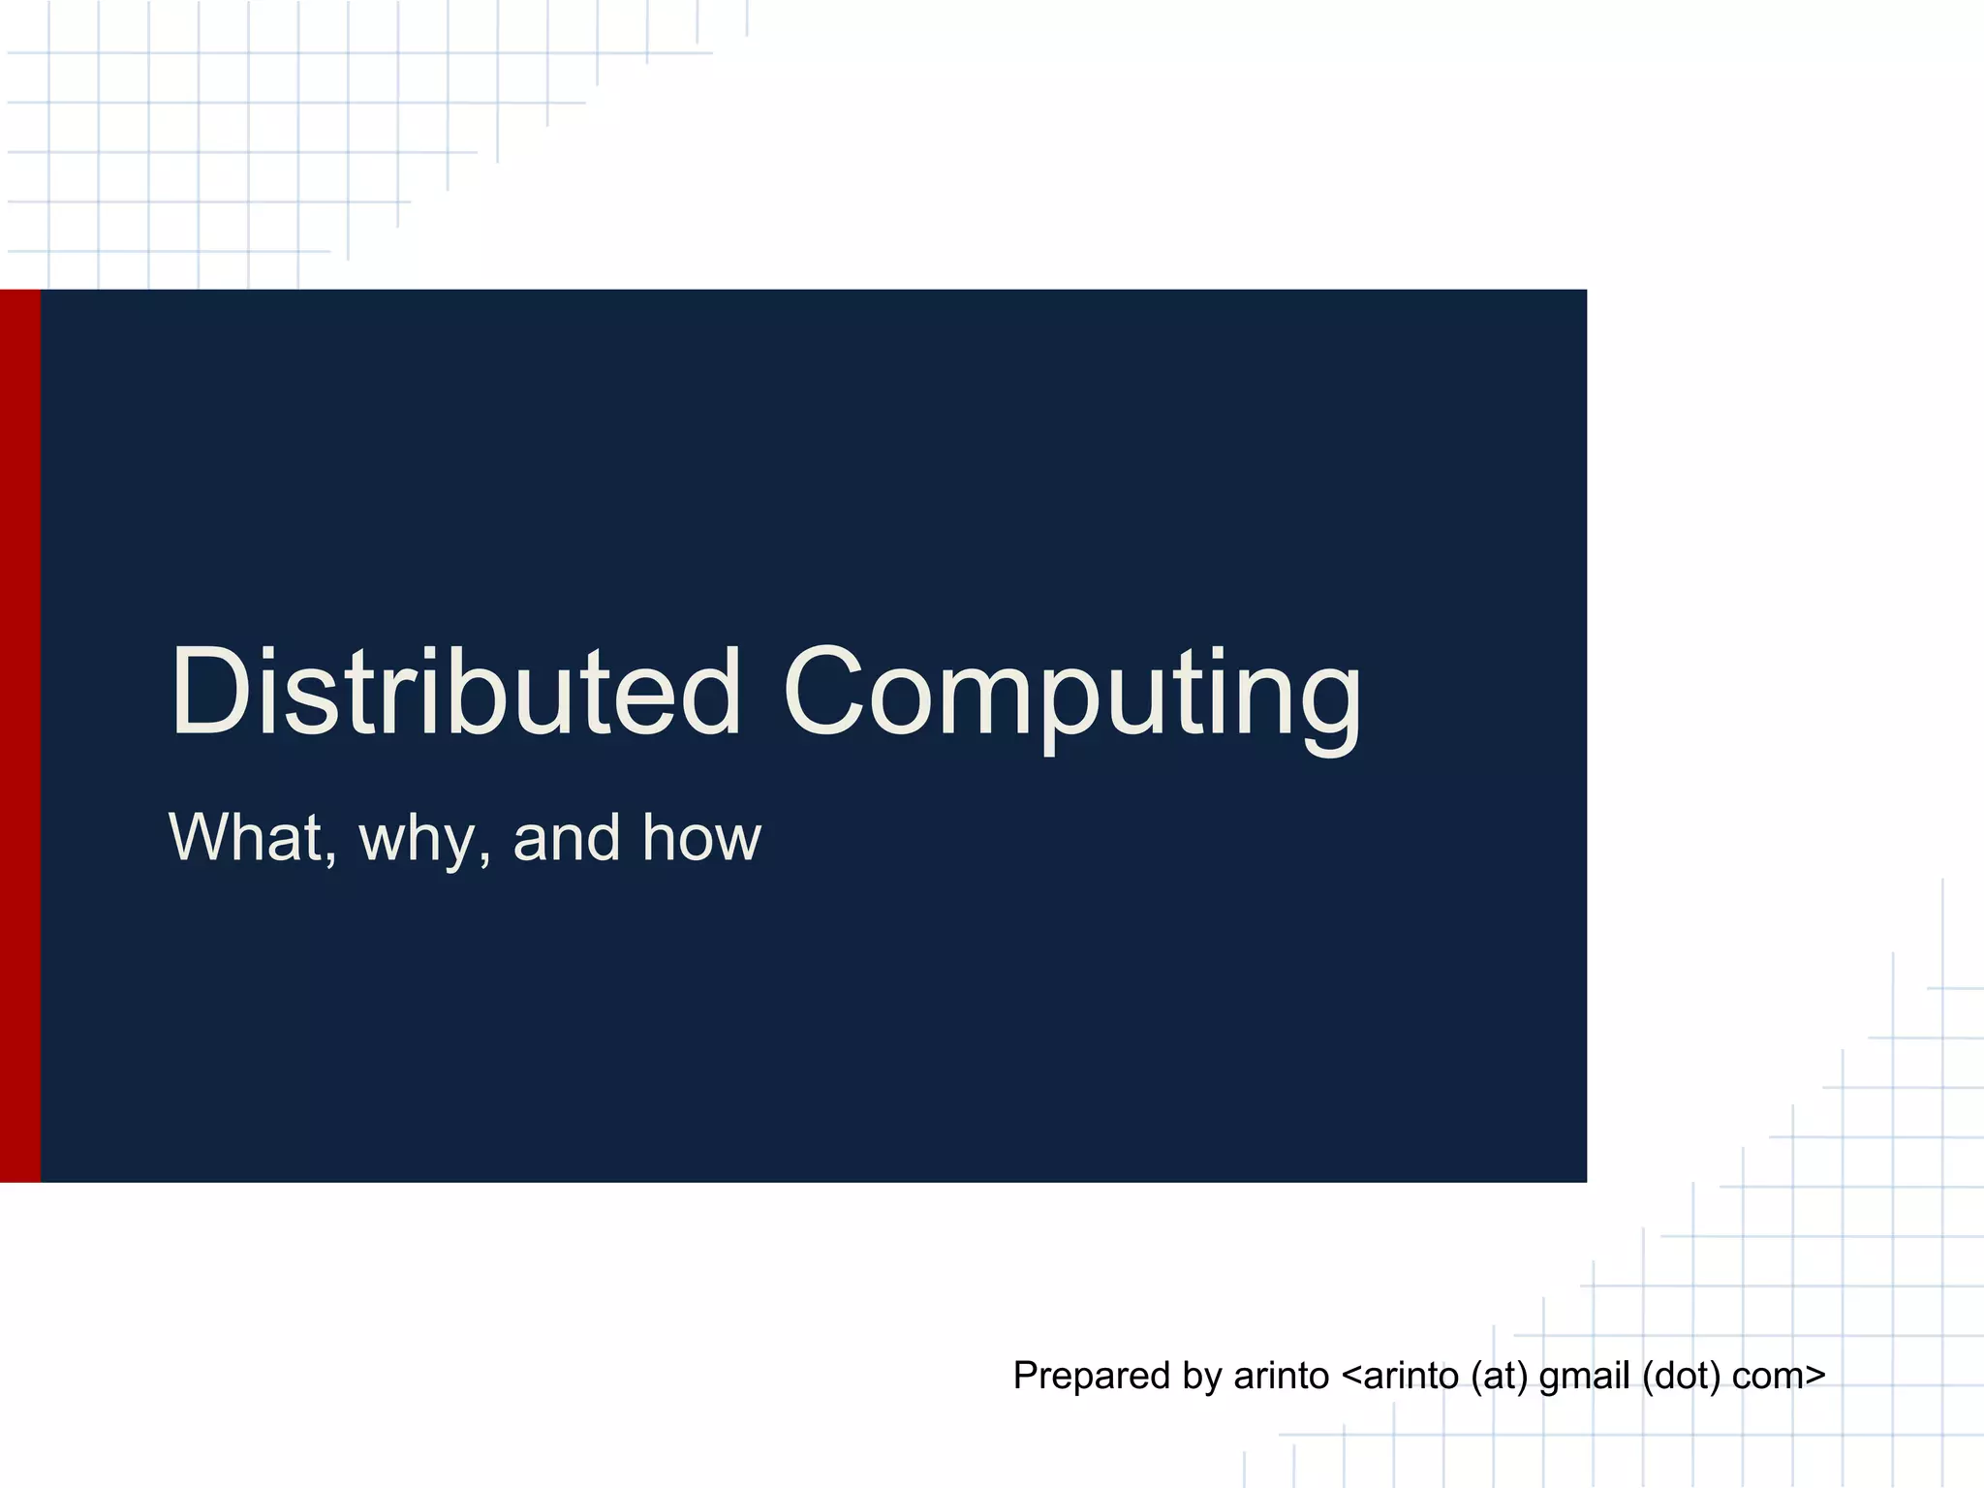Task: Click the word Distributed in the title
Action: [455, 692]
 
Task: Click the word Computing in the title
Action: [1072, 694]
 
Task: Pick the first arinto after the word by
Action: [1281, 1376]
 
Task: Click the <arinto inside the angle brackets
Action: [1400, 1376]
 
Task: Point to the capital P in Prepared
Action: [1025, 1376]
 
